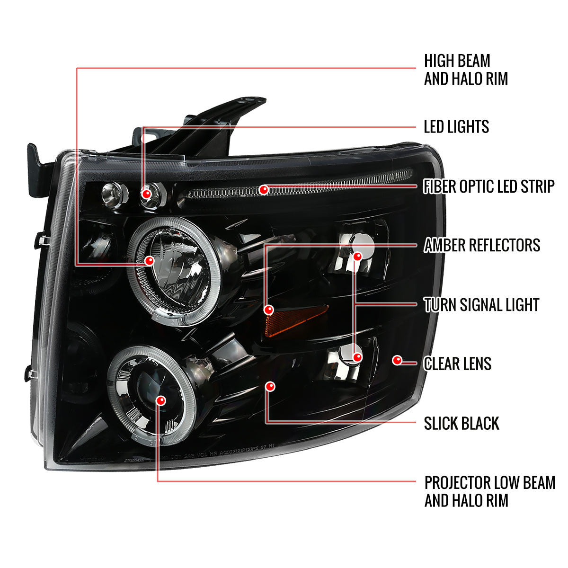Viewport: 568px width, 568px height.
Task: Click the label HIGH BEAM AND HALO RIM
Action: click(x=466, y=70)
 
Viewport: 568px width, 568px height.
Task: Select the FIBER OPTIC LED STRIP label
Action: click(x=489, y=186)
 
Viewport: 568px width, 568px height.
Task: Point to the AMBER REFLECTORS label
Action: click(x=482, y=245)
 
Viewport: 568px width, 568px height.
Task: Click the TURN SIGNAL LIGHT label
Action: click(x=481, y=305)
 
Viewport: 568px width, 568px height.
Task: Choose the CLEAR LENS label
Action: click(x=458, y=364)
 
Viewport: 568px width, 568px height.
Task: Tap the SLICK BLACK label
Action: click(x=461, y=423)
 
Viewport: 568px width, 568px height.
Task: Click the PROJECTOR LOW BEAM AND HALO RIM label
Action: click(x=490, y=491)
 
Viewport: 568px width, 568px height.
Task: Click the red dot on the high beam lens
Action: click(x=151, y=260)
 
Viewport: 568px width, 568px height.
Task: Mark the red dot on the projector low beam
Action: click(x=162, y=400)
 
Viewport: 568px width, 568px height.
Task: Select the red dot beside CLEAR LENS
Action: click(x=397, y=361)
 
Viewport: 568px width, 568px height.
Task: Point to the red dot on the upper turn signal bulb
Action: click(x=357, y=256)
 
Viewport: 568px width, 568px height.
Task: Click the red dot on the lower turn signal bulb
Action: click(x=357, y=357)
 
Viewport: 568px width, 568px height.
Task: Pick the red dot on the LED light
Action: click(x=147, y=194)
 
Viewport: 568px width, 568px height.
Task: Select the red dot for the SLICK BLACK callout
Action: click(x=270, y=387)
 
